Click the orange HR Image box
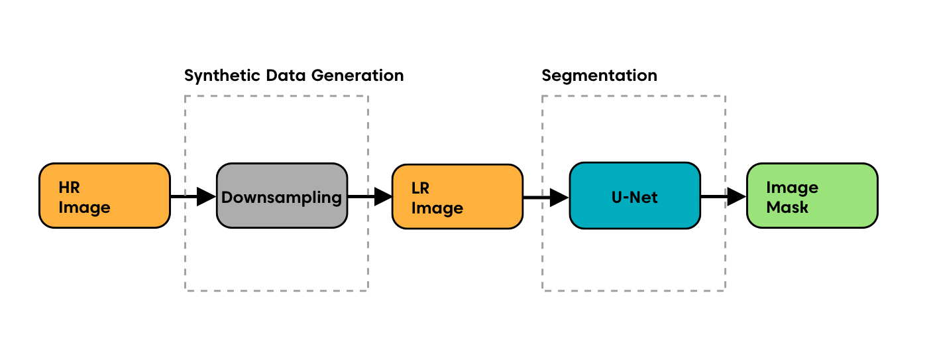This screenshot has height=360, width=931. [x=105, y=196]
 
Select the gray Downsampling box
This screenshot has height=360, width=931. [x=282, y=196]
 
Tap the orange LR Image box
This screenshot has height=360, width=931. [x=457, y=196]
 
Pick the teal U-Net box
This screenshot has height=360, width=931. [x=635, y=196]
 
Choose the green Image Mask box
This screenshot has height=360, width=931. [x=812, y=196]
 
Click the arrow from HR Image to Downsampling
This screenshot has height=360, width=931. [x=193, y=196]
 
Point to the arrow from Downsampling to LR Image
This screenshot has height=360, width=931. [x=370, y=196]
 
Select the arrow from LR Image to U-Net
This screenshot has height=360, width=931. [x=546, y=197]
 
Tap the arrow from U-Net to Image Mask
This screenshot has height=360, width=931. [x=724, y=196]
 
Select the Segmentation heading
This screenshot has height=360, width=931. [x=599, y=76]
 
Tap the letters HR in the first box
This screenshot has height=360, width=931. [x=69, y=188]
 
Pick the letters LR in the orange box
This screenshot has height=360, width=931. [x=421, y=188]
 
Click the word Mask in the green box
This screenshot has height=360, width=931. [x=787, y=208]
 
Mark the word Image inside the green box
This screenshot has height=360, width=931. [x=792, y=188]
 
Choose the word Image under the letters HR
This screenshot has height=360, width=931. [x=84, y=208]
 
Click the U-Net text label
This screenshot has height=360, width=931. [x=635, y=197]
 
